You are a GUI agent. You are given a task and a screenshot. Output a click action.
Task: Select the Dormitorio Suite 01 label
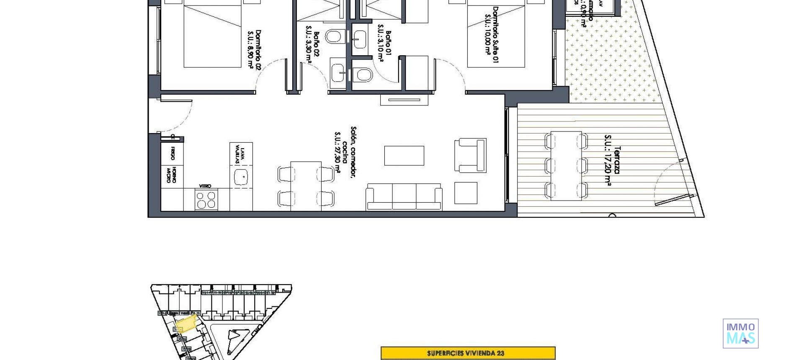click(x=492, y=34)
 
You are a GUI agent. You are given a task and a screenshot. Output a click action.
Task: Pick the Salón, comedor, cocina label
click(x=345, y=153)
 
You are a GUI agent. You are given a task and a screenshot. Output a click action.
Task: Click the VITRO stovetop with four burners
click(x=206, y=200)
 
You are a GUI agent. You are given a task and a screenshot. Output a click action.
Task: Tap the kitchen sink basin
click(x=241, y=177)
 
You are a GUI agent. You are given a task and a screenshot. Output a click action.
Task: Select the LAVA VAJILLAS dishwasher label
click(x=240, y=153)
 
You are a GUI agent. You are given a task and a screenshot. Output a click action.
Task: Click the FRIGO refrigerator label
click(x=172, y=153)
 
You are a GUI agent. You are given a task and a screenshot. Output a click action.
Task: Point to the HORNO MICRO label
click(x=171, y=175)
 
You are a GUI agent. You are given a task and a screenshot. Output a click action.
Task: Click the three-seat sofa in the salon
click(x=404, y=197)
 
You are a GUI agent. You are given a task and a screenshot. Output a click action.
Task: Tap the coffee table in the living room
click(x=404, y=156)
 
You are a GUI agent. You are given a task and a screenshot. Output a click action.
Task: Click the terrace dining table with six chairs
click(x=566, y=166)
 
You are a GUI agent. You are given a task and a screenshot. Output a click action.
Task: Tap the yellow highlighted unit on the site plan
click(x=186, y=324)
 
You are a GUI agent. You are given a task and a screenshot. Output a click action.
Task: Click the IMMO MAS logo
click(x=740, y=334)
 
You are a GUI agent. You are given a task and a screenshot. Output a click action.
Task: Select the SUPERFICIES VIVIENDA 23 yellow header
click(x=468, y=353)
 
